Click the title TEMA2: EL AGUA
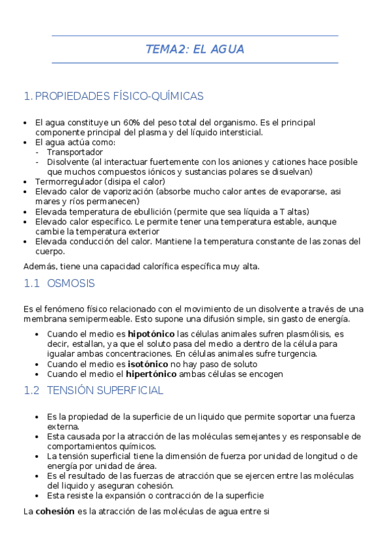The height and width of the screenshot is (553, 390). pos(195,50)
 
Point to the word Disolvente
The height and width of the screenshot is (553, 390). pos(68,162)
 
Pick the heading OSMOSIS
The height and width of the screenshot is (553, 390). pos(71,284)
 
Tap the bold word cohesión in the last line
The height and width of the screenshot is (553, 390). pos(55,512)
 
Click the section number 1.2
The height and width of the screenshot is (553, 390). pos(31,391)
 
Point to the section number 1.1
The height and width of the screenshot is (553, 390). pos(31,284)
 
